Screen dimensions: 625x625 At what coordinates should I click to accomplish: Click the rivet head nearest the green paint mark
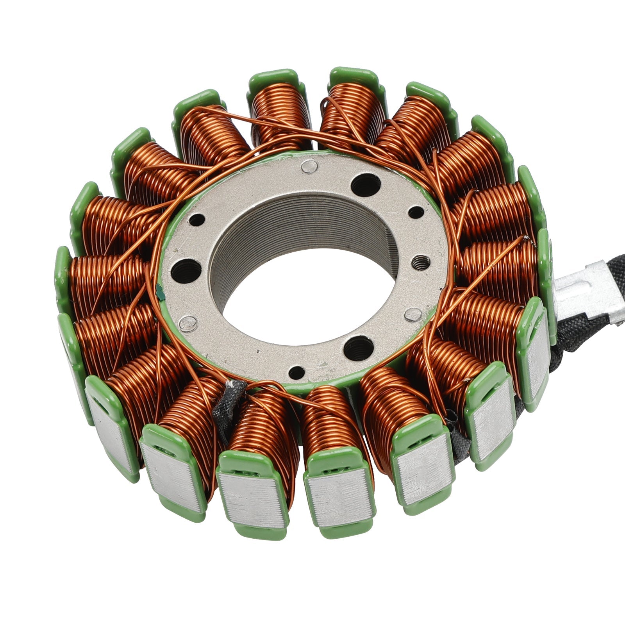[187, 323]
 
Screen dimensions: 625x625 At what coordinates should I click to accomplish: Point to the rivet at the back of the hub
[309, 167]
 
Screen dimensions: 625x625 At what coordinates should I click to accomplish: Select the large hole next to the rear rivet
[366, 184]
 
